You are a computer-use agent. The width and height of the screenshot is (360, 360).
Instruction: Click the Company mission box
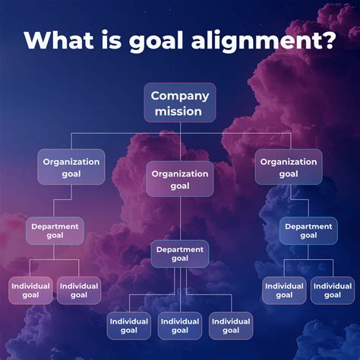179,103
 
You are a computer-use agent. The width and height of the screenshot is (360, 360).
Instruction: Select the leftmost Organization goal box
71,167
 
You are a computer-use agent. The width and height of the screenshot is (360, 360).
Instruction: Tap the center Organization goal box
180,179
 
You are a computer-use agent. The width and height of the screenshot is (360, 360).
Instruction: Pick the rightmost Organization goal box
289,167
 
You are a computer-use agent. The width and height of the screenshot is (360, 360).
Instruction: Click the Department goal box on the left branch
55,230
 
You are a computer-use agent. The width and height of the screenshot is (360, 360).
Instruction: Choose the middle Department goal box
180,254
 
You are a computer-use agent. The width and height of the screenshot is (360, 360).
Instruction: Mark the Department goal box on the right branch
308,230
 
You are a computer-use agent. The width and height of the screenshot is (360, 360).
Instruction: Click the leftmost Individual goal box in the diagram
30,290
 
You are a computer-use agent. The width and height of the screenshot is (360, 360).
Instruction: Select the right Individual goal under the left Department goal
79,290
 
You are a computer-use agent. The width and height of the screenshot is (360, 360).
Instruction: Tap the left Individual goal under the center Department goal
129,325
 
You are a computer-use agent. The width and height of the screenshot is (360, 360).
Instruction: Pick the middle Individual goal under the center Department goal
180,325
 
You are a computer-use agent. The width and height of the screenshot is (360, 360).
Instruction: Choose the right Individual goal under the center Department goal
231,325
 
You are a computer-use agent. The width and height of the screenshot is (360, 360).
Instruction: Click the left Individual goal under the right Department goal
284,290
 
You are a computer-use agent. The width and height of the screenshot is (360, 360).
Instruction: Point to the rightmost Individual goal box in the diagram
333,290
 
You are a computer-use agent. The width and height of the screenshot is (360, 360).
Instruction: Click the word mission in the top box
179,112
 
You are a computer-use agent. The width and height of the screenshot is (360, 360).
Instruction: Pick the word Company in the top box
179,96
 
